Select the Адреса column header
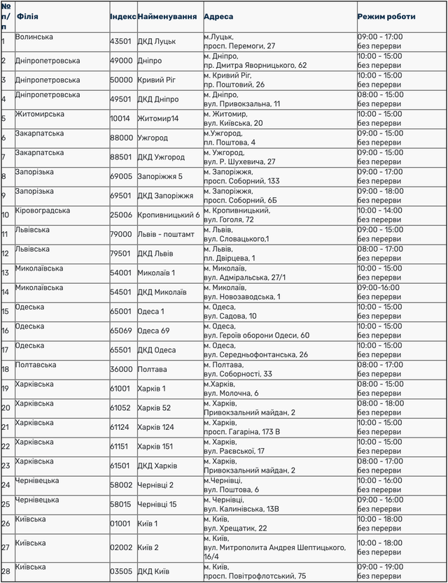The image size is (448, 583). (x=219, y=16)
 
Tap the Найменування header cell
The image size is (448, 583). (x=167, y=16)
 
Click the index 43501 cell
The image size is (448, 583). (x=122, y=41)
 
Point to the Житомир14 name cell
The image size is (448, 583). (x=158, y=119)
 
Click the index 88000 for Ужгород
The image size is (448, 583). (x=122, y=138)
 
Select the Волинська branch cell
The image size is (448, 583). (x=34, y=36)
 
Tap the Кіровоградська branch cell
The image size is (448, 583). (x=43, y=210)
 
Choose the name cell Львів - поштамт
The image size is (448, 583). (x=167, y=234)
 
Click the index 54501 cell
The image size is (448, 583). (x=122, y=292)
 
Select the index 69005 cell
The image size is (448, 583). (x=122, y=177)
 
